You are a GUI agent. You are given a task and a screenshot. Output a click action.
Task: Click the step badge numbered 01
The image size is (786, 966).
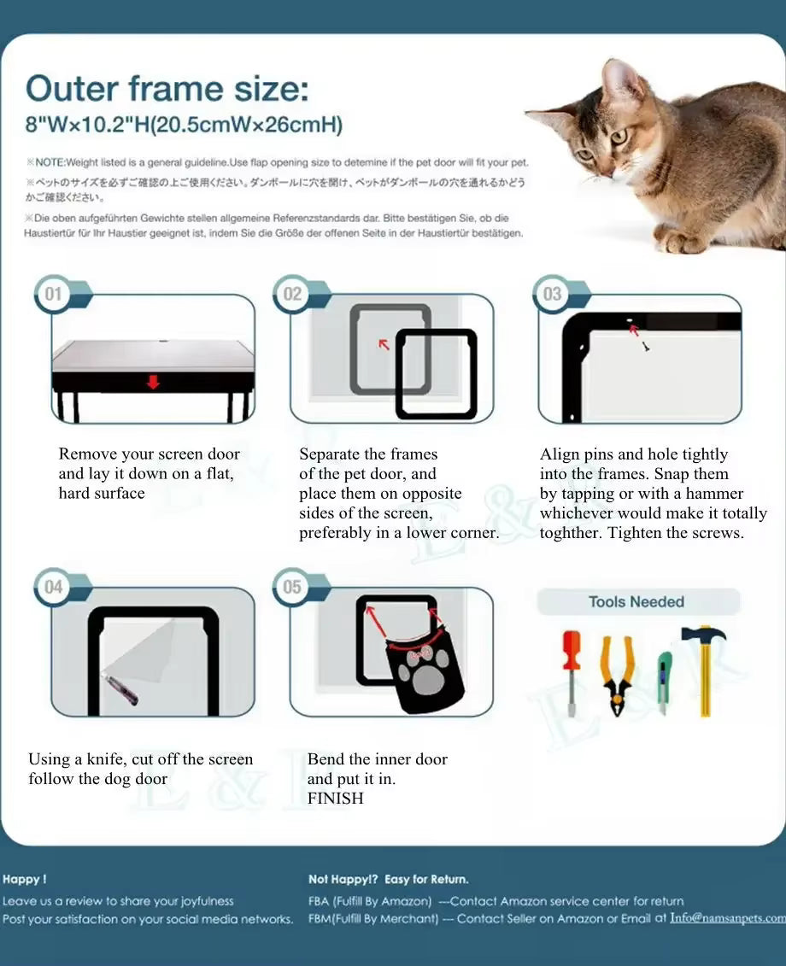point(53,295)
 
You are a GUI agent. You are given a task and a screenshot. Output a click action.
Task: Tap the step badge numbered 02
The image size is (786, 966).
point(292,294)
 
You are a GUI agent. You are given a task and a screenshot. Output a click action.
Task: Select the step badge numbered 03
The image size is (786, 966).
point(552,294)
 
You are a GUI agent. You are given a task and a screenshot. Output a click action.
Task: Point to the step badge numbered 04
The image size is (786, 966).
point(53,588)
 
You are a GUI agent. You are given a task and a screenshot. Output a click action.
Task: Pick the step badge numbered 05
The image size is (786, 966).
point(292,588)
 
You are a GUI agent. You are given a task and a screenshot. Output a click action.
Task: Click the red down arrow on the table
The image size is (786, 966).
point(153,382)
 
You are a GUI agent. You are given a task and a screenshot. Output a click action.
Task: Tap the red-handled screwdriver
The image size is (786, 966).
point(571,671)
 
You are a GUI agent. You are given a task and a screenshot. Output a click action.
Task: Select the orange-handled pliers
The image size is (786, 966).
point(616,674)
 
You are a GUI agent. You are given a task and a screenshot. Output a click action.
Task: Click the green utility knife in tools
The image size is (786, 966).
point(664,682)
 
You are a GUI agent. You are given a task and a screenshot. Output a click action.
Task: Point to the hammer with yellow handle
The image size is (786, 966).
point(704,666)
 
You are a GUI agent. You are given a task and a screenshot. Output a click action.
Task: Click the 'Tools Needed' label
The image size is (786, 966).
point(636,602)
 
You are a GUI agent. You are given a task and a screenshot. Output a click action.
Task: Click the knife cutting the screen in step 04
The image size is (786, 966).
point(118,688)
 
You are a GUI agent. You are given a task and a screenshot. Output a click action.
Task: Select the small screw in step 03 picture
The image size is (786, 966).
point(646,348)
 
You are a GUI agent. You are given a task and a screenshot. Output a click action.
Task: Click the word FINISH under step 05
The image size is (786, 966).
point(336,799)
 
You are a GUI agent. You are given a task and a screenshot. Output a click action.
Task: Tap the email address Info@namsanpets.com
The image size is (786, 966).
point(727,918)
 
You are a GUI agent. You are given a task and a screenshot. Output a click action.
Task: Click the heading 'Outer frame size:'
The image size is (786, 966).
point(167,89)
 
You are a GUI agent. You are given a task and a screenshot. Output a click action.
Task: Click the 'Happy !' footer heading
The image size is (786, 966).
point(25,879)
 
